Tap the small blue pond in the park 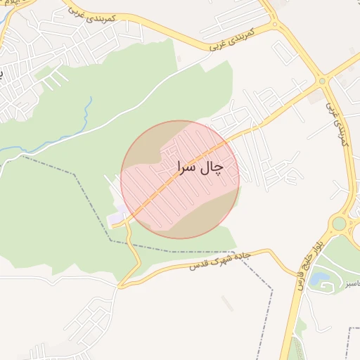point(323,278)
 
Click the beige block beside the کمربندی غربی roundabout point(319,96)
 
